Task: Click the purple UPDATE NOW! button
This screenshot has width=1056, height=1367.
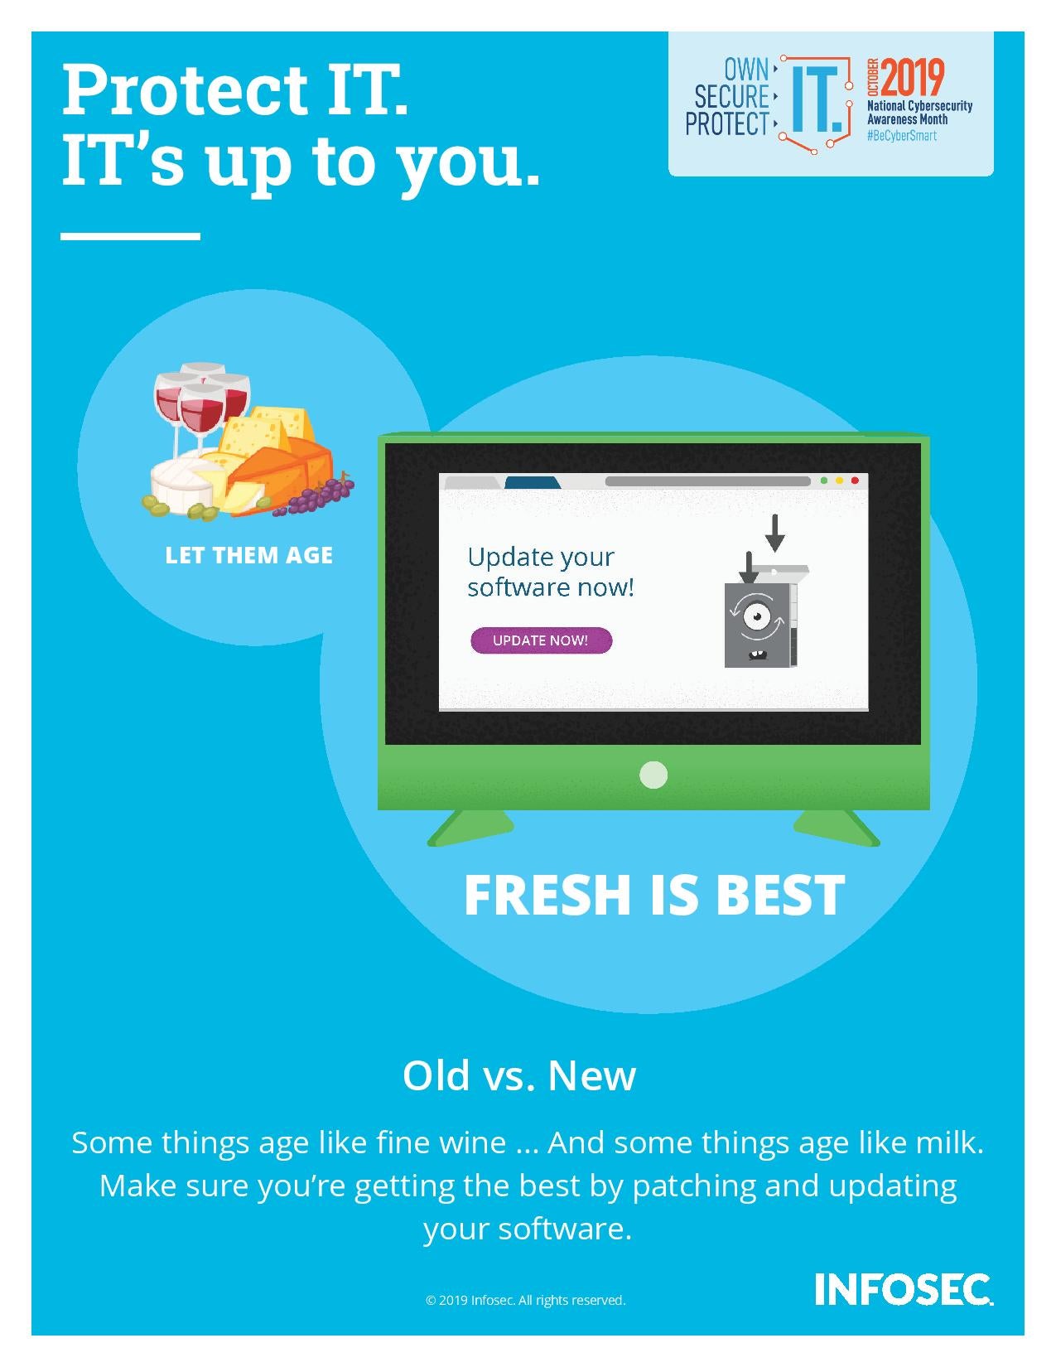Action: coord(541,640)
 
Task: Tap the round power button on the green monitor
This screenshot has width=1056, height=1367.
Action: coord(653,775)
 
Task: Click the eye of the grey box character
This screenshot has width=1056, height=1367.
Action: coord(755,617)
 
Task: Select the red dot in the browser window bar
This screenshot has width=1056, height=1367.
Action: coord(855,481)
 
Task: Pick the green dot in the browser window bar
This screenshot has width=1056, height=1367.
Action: coord(823,481)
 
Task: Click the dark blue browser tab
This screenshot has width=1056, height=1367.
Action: coord(532,482)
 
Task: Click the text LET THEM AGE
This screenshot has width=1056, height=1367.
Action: coord(248,555)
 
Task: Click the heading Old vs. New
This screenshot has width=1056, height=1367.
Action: coord(519,1075)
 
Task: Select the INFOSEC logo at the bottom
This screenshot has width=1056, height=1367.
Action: coord(903,1289)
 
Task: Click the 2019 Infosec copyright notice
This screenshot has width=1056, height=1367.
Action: coord(525,1300)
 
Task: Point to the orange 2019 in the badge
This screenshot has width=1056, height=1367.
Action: coord(912,78)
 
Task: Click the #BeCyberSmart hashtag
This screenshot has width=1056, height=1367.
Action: coord(901,136)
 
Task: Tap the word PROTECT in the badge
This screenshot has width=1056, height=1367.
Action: coord(727,124)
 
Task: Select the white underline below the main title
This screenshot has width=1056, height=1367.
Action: coord(130,236)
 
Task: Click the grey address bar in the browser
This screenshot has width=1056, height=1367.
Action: coord(707,481)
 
